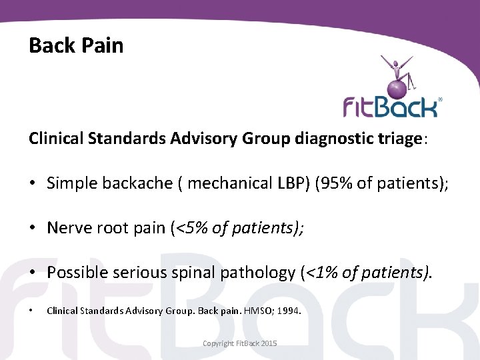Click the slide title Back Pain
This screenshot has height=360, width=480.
pos(76,45)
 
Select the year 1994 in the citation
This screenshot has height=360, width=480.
pos(291,311)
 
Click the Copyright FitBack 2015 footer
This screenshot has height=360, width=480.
pos(239,343)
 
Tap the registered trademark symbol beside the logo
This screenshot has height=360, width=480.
pos(439,99)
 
